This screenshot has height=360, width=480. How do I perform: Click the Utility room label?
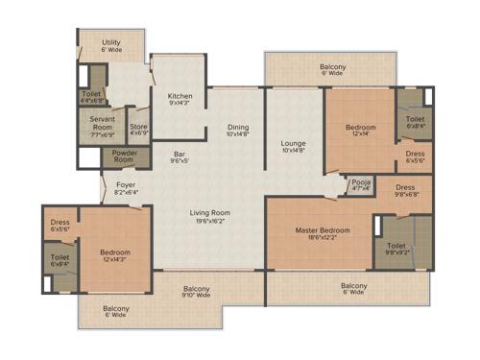[111, 42]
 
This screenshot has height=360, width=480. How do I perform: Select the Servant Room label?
[103, 123]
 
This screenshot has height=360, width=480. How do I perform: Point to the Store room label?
[139, 125]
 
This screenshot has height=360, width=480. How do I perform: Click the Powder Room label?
[125, 156]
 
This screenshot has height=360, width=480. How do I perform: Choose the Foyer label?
[126, 184]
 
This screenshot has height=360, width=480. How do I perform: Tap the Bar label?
[179, 154]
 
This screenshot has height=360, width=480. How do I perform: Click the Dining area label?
[238, 128]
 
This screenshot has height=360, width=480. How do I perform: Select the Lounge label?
[293, 142]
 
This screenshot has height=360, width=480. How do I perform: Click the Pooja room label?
[361, 180]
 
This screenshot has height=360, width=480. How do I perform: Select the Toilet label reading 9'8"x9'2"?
[397, 247]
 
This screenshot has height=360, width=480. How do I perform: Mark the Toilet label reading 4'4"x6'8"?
[91, 94]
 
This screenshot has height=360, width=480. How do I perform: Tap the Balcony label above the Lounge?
[333, 67]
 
